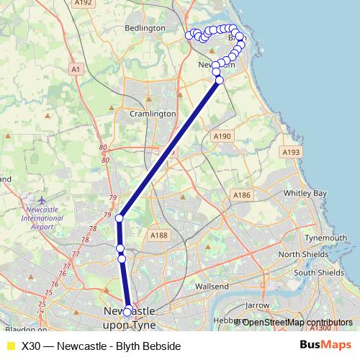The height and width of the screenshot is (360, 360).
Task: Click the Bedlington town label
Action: (145, 27)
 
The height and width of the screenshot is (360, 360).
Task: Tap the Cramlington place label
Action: (153, 114)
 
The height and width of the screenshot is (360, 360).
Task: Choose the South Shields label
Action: (320, 273)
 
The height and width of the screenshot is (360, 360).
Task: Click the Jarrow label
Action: (256, 305)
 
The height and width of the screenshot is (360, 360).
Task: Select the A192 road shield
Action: (84, 3)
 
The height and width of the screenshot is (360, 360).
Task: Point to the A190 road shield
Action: (222, 135)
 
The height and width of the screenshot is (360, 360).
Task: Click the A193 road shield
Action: (292, 152)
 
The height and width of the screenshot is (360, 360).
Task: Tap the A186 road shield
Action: (241, 195)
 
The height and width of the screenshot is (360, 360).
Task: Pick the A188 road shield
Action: (159, 235)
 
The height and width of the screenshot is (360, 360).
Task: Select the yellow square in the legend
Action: (10, 346)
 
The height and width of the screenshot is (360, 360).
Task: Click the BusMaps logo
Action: (323, 346)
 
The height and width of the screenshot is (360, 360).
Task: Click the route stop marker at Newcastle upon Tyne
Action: (127, 312)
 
